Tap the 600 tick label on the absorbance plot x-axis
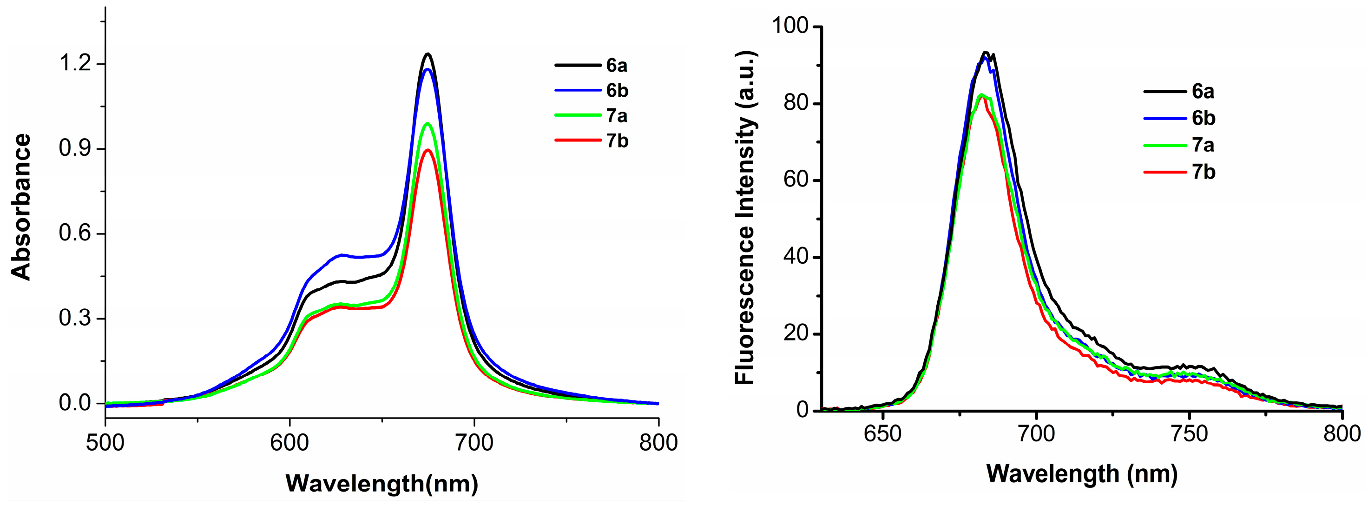point(289,443)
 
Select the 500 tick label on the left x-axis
point(105,443)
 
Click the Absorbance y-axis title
point(22,207)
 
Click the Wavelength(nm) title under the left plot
point(382,484)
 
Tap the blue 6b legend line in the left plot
point(578,91)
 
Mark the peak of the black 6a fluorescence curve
point(986,52)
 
